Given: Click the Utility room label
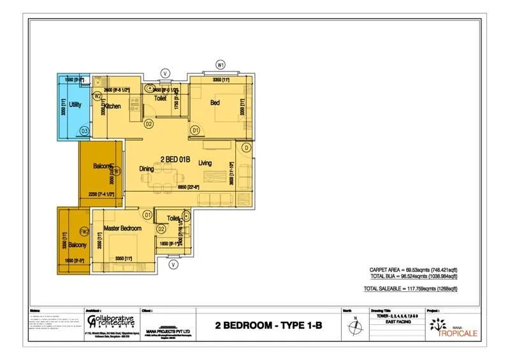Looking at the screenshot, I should tap(75, 104).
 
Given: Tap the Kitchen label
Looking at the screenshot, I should tap(112, 106).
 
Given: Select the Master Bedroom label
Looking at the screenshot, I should tap(122, 228).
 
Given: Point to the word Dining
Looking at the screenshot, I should tap(147, 169).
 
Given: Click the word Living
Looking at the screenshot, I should tap(205, 163).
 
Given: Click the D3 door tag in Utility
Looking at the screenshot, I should tap(84, 131).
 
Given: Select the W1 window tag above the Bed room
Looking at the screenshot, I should tap(221, 64).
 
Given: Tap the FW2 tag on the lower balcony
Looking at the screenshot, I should tap(84, 231).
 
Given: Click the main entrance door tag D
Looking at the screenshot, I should tap(246, 148).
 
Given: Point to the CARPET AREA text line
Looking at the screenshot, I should tap(413, 270).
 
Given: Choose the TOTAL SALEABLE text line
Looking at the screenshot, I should tap(411, 289).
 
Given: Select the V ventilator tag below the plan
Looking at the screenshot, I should tap(172, 264).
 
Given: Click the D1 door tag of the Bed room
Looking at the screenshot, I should tap(196, 131).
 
